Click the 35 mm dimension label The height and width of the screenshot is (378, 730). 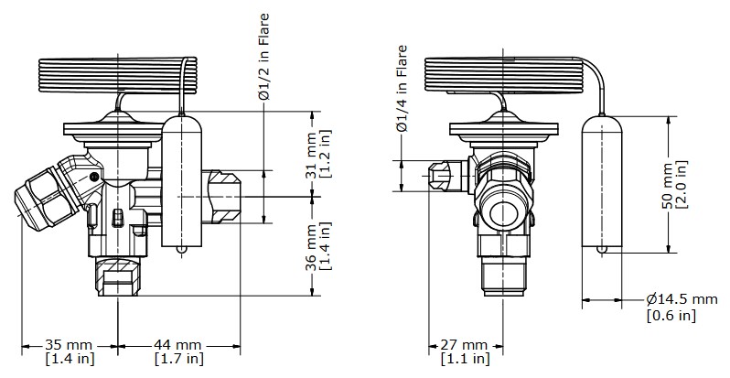click(x=69, y=344)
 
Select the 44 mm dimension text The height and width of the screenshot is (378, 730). click(x=178, y=344)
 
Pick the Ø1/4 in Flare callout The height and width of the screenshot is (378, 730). click(x=402, y=88)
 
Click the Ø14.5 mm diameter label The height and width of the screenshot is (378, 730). click(x=682, y=299)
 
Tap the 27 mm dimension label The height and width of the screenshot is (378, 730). click(x=464, y=344)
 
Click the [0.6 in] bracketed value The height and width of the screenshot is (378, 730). click(x=671, y=316)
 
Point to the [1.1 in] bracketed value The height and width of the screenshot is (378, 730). click(x=464, y=359)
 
